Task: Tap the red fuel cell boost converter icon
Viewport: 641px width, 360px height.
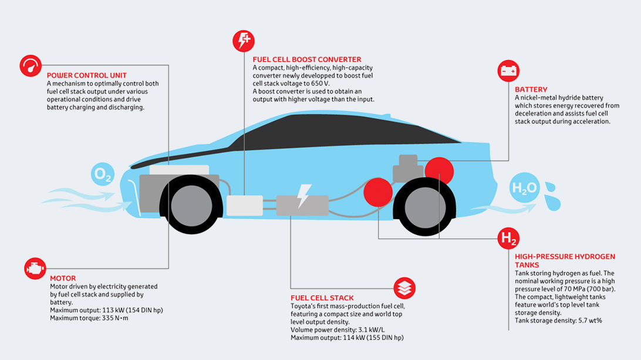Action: (243, 41)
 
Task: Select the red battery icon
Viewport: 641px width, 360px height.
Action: (508, 71)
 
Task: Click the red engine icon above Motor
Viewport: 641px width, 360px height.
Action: (35, 268)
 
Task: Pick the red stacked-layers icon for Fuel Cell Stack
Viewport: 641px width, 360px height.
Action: (404, 288)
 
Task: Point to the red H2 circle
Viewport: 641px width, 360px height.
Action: (508, 238)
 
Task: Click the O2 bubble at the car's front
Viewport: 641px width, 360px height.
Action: (102, 174)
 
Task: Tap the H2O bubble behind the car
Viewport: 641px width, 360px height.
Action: (524, 188)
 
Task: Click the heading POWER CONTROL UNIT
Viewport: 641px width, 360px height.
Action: (86, 75)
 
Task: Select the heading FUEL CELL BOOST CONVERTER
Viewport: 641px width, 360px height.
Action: (307, 59)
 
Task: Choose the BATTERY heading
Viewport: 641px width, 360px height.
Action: (531, 89)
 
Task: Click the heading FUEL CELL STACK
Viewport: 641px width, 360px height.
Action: (322, 298)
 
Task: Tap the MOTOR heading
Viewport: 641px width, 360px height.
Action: (63, 278)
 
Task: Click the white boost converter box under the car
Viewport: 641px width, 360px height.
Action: (244, 206)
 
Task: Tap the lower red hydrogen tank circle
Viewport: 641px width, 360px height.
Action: (377, 191)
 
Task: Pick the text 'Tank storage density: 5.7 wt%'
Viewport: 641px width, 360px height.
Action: (558, 321)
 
